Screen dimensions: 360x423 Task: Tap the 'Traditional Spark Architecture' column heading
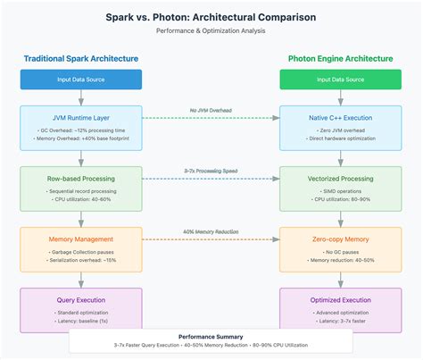81,59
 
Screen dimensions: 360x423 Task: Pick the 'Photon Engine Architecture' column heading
340,59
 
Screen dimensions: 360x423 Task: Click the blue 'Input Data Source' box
81,80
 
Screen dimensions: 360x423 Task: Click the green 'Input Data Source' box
340,80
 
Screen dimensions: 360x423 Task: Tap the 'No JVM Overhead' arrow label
211,111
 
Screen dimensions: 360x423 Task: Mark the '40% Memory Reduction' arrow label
211,232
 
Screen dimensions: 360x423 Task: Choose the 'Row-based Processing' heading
81,179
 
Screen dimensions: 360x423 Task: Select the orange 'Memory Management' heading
81,239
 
